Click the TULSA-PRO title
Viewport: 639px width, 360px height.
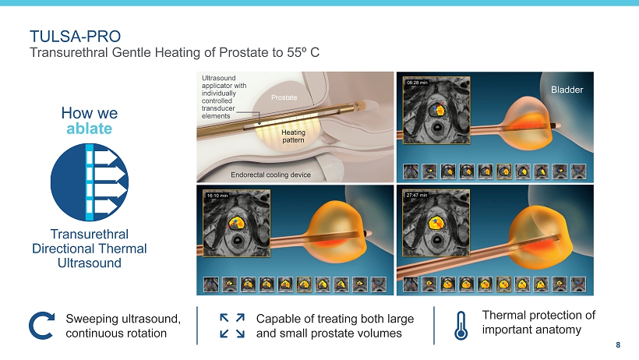(x=76, y=37)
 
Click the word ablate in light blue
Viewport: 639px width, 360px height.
(x=90, y=129)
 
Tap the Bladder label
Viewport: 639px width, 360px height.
(x=567, y=90)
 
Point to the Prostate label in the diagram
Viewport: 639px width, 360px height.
(x=284, y=97)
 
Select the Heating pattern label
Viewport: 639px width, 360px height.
(x=294, y=136)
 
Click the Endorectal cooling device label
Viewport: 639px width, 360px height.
(x=270, y=175)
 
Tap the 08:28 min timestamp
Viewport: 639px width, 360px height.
(x=417, y=83)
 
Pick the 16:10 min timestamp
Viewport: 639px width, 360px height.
(x=217, y=196)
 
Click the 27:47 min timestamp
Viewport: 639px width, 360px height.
(x=417, y=196)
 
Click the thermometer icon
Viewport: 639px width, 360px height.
(x=461, y=326)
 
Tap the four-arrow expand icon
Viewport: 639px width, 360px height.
(x=232, y=326)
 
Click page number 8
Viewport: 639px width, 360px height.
(x=618, y=345)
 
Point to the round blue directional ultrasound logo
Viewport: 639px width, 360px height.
(x=90, y=182)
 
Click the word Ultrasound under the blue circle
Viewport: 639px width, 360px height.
(x=90, y=263)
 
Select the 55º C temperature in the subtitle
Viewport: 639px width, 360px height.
(x=303, y=52)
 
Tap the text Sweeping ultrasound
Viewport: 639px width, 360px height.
(x=123, y=319)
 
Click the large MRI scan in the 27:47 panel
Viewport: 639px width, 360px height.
(x=436, y=223)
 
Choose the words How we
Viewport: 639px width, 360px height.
(x=90, y=113)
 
